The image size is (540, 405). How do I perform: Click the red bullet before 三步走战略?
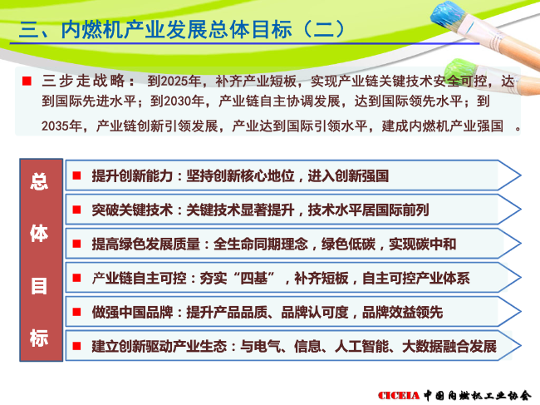pyautogui.click(x=27, y=81)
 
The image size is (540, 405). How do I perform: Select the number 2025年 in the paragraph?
pyautogui.click(x=174, y=81)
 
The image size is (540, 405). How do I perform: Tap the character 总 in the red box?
pyautogui.click(x=39, y=181)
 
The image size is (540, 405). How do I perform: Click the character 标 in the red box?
pyautogui.click(x=39, y=338)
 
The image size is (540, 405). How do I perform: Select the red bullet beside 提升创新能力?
pyautogui.click(x=76, y=175)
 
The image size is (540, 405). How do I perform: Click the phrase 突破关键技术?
pyautogui.click(x=132, y=210)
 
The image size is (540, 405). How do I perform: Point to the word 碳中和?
pyautogui.click(x=435, y=244)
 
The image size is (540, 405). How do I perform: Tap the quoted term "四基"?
pyautogui.click(x=254, y=278)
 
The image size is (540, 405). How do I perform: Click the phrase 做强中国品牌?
pyautogui.click(x=132, y=312)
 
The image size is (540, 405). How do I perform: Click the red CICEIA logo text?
pyautogui.click(x=399, y=395)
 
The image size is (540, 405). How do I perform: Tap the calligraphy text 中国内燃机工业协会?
pyautogui.click(x=478, y=395)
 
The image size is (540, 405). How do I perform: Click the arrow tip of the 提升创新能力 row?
pyautogui.click(x=520, y=175)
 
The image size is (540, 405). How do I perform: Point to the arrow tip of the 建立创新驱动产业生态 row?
pyautogui.click(x=520, y=345)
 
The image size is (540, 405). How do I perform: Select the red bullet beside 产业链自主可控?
pyautogui.click(x=76, y=278)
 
